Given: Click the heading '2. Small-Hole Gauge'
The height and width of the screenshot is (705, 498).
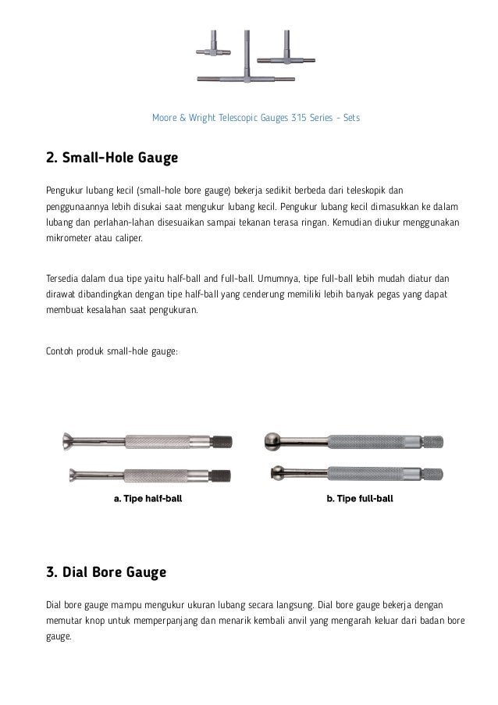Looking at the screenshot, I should pyautogui.click(x=112, y=159).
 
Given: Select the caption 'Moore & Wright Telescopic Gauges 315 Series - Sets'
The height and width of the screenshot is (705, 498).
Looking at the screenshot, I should pyautogui.click(x=255, y=118).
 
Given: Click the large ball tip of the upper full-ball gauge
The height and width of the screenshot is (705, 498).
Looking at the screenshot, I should pyautogui.click(x=274, y=441).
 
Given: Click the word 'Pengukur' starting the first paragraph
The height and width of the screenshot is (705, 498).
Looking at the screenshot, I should pyautogui.click(x=66, y=190).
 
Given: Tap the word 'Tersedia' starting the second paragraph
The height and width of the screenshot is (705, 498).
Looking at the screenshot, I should pyautogui.click(x=65, y=277).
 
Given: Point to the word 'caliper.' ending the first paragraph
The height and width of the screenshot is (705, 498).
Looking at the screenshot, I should pyautogui.click(x=127, y=239).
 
